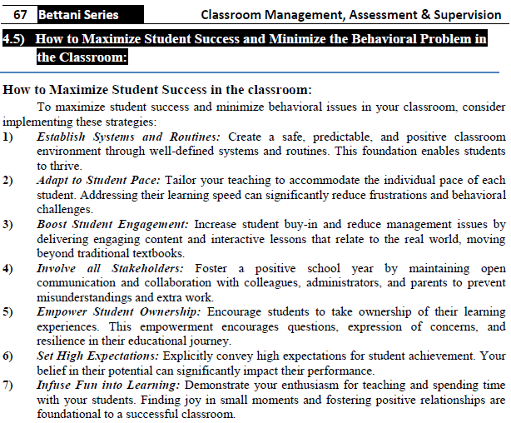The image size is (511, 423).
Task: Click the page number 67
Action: click(x=21, y=14)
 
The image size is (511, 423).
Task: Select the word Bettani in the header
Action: click(x=62, y=14)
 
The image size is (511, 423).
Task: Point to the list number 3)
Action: click(x=8, y=225)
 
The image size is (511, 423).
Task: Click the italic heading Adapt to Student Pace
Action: click(x=98, y=179)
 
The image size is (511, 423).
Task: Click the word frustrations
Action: click(x=382, y=194)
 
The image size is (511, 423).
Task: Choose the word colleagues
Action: click(x=220, y=284)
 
